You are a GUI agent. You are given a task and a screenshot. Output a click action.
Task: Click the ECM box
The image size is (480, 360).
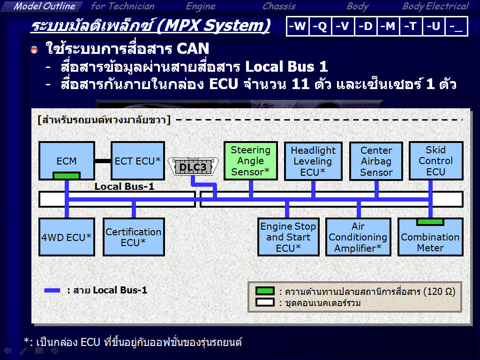(x=67, y=161)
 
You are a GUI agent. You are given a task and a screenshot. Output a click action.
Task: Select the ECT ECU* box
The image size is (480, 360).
(x=138, y=161)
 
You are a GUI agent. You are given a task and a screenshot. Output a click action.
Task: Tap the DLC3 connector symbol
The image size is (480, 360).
(x=193, y=167)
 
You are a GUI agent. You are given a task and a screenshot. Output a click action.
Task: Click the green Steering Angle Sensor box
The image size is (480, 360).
(x=251, y=161)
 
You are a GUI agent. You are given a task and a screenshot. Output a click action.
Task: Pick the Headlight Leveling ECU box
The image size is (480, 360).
(x=313, y=161)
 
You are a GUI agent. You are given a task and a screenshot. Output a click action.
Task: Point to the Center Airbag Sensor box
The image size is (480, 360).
(x=376, y=161)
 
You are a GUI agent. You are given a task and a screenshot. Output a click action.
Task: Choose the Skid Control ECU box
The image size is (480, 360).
(x=436, y=161)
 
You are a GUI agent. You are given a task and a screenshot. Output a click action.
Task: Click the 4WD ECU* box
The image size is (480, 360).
(x=67, y=237)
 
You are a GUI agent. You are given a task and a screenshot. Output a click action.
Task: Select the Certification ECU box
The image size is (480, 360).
(x=134, y=237)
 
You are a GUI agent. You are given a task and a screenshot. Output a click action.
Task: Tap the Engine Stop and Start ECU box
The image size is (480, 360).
(x=288, y=237)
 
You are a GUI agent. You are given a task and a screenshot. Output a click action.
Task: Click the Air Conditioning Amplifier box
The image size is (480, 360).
(x=358, y=237)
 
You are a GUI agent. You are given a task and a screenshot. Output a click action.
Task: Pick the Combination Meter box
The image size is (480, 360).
(x=430, y=237)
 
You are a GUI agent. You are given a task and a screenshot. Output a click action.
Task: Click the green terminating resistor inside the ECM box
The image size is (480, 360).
(x=67, y=175)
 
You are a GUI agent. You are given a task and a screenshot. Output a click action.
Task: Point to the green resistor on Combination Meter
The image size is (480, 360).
(x=430, y=222)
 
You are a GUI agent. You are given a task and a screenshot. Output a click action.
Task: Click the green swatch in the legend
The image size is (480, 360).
(x=265, y=291)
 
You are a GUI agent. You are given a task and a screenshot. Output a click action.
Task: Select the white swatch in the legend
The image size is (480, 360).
(x=265, y=302)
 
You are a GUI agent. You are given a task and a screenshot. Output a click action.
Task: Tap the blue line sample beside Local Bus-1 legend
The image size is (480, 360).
(x=52, y=290)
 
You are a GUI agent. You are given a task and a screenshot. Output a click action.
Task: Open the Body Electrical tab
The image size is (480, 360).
(x=435, y=6)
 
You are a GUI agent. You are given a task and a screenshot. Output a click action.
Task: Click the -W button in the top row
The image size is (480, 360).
(x=298, y=26)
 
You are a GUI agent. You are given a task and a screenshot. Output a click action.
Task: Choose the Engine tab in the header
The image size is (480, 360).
(x=201, y=6)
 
